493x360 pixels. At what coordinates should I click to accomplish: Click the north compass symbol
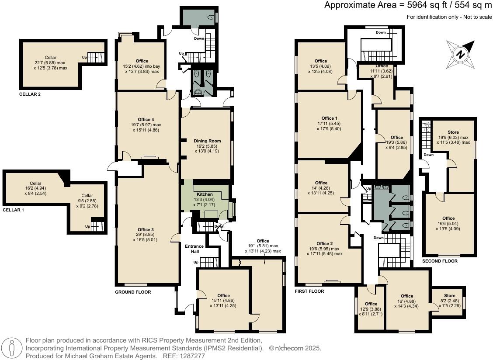point(460,54)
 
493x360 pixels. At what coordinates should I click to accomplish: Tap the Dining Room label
point(207,141)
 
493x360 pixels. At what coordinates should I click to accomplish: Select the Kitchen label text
point(205,194)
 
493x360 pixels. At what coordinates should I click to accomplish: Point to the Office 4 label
point(146,120)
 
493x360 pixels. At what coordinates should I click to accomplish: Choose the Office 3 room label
point(146,230)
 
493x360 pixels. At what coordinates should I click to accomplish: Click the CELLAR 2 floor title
point(30,94)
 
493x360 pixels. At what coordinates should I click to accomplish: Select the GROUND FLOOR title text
point(133,292)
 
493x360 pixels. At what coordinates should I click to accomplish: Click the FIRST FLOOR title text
point(309,291)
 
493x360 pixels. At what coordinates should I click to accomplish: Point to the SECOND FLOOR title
point(440,261)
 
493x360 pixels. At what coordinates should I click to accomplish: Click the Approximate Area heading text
point(408,6)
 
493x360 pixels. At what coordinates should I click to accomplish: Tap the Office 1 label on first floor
point(329,118)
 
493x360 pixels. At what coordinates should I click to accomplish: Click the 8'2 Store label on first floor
point(449,296)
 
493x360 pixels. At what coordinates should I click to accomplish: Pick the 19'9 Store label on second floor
point(453,132)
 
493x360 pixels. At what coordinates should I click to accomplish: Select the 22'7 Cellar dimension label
point(50,63)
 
